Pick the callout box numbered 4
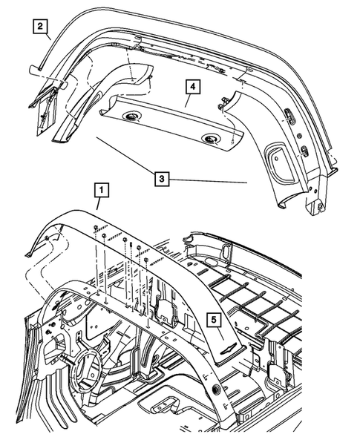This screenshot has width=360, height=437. click(x=192, y=88)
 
